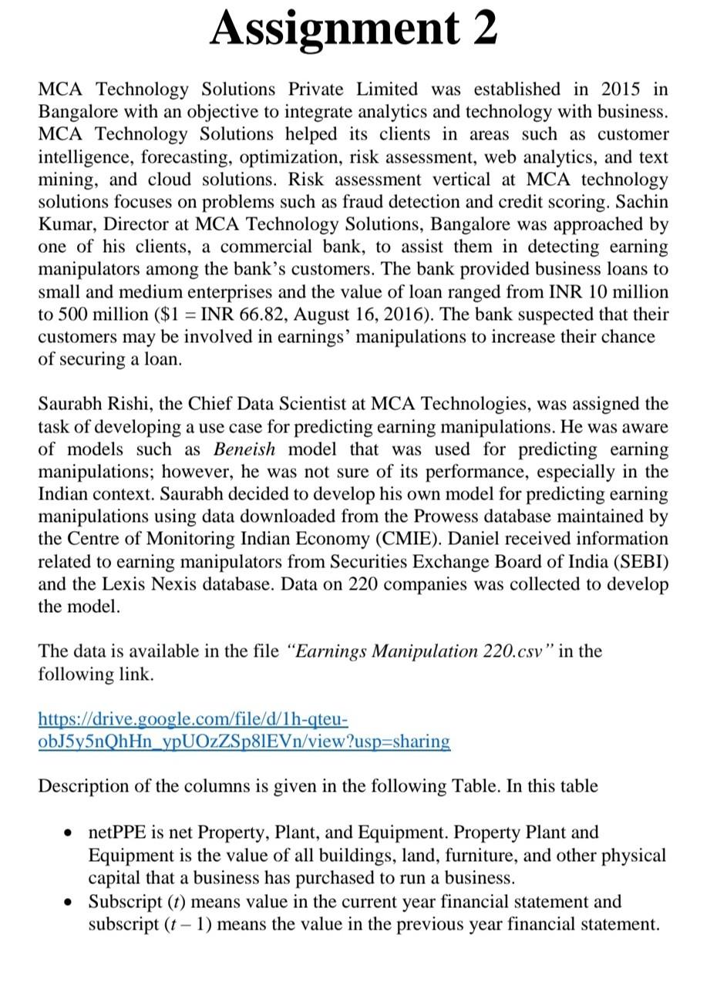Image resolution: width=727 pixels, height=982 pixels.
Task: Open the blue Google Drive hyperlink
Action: point(244,731)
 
